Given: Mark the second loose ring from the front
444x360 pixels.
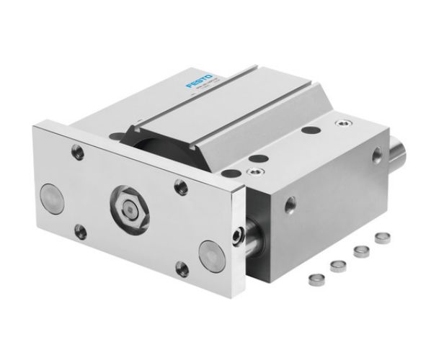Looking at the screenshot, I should pos(336,264).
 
